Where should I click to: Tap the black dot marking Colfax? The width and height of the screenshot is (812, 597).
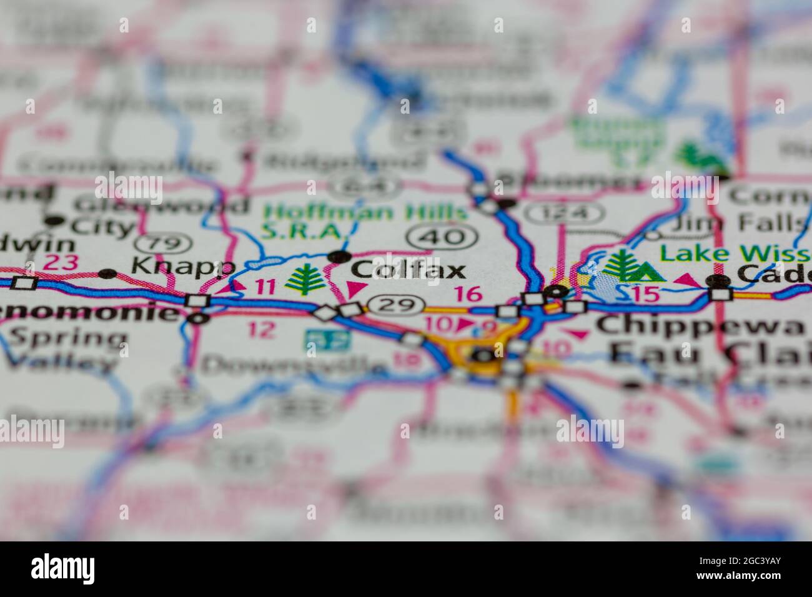(x=339, y=256)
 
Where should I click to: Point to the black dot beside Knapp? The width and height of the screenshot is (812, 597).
(x=108, y=274)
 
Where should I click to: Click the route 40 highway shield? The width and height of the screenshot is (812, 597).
(x=443, y=236)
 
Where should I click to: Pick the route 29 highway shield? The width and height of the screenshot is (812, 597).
(x=392, y=305)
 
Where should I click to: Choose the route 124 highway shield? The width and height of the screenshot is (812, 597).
(x=565, y=214)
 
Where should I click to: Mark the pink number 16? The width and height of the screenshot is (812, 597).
(x=468, y=293)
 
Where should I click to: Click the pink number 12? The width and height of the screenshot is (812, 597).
(x=262, y=329)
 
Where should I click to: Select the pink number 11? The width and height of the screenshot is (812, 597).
(x=264, y=287)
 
